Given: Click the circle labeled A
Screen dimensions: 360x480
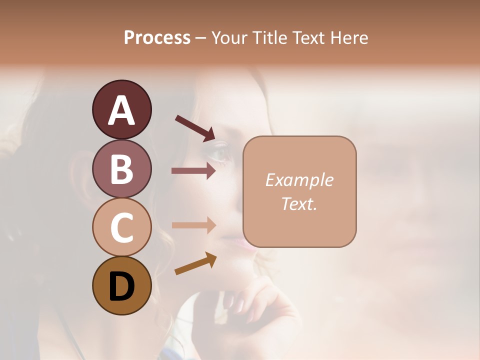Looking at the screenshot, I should point(121,109).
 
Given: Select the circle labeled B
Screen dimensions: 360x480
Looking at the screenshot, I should point(121,168).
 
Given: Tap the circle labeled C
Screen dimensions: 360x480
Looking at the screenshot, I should point(121,227).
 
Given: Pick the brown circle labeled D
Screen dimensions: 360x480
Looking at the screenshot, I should point(121,285).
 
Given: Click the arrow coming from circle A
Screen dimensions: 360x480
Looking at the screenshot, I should point(194,128).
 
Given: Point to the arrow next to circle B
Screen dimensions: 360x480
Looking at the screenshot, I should point(193,171).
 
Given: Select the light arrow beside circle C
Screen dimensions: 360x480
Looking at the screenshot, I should point(193,225).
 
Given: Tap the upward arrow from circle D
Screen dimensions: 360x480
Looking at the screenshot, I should point(195,263).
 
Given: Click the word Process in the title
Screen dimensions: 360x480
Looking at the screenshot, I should point(157,37).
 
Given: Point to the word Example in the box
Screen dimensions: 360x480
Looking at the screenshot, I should point(299,180).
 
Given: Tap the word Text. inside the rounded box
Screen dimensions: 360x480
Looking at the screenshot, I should point(299,203).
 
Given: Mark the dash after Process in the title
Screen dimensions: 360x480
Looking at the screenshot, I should point(201,38).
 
